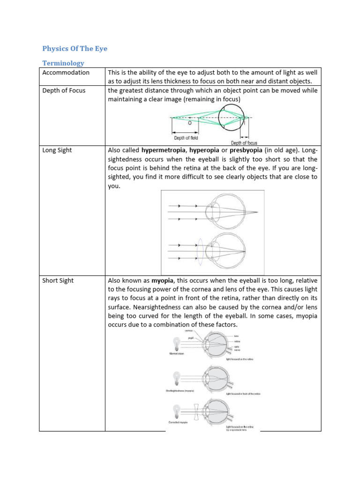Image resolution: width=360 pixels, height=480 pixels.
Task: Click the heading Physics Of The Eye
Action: [75, 48]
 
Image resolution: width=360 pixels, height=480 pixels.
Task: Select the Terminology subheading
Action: [63, 63]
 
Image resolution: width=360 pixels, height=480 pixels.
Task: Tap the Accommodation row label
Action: [66, 73]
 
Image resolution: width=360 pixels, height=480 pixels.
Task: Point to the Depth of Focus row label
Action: [64, 90]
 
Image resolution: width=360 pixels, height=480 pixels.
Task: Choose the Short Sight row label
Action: [58, 280]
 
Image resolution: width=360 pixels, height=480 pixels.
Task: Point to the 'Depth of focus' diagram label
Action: [244, 142]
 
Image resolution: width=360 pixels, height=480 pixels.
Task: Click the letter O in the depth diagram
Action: [189, 123]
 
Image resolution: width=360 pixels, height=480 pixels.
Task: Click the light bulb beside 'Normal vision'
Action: [176, 344]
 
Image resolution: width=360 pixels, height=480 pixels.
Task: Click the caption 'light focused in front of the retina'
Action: [243, 394]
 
